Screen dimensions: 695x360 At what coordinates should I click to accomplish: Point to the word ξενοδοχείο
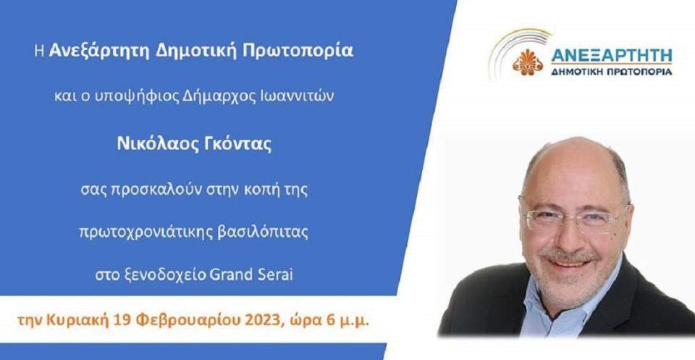161,275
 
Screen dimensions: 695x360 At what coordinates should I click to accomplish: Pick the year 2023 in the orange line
264,321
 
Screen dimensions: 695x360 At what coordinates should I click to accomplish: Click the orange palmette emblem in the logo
528,62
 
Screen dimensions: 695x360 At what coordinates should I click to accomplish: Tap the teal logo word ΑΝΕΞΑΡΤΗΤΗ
612,56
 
